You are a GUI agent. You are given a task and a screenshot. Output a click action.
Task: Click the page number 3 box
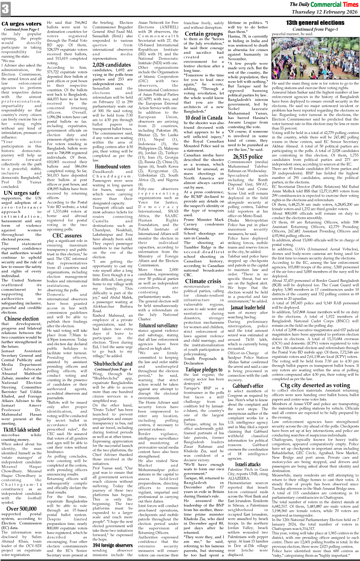pyautogui.click(x=5, y=9)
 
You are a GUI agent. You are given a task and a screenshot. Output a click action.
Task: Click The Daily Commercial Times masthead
pyautogui.click(x=324, y=5)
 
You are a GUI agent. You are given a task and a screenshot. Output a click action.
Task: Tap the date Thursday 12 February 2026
pyautogui.click(x=325, y=12)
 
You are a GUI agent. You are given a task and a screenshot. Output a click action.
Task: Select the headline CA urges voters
pyautogui.click(x=22, y=24)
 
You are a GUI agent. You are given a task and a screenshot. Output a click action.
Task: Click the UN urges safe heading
pyautogui.click(x=22, y=193)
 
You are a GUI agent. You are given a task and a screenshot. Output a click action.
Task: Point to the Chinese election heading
pyautogui.click(x=22, y=318)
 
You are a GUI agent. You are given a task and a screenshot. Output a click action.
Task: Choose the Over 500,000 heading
pyautogui.click(x=22, y=509)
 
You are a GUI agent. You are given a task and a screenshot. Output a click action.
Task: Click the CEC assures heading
pyautogui.click(x=67, y=235)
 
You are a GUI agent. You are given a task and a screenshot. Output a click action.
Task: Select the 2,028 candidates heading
pyautogui.click(x=112, y=65)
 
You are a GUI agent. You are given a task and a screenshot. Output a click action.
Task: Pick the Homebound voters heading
pyautogui.click(x=113, y=167)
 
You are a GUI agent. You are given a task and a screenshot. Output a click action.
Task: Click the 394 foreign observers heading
pyautogui.click(x=113, y=545)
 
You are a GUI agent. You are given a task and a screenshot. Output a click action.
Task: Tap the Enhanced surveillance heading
pyautogui.click(x=158, y=325)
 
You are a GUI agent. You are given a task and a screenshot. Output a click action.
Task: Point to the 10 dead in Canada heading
pyautogui.click(x=204, y=118)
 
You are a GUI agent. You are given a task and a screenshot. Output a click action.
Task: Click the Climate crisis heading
pyautogui.click(x=203, y=281)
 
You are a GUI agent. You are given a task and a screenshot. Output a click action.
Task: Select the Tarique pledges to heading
pyautogui.click(x=204, y=370)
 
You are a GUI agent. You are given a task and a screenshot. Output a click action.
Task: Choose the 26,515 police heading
pyautogui.click(x=248, y=156)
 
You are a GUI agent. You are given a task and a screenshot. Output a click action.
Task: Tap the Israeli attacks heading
pyautogui.click(x=248, y=464)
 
